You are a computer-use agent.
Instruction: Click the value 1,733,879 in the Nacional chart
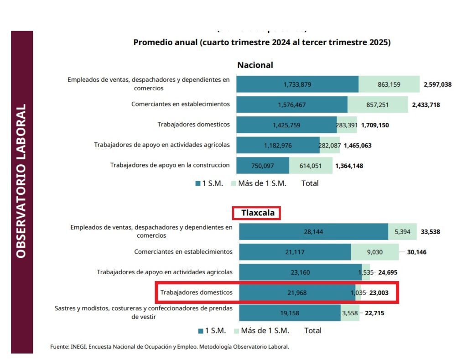297,84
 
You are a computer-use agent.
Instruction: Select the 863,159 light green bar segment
389,84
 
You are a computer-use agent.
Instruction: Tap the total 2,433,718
426,105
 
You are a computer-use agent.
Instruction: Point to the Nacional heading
255,65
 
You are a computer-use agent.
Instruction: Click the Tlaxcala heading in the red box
256,213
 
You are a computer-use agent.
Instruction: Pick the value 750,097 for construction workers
262,165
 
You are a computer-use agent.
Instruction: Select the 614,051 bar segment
311,165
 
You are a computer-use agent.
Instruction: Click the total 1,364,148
349,166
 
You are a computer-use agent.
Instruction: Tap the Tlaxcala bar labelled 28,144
313,232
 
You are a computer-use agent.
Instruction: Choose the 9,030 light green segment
375,252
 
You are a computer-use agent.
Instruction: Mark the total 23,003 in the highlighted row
379,293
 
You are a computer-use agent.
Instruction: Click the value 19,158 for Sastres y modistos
290,313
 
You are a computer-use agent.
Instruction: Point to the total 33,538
430,232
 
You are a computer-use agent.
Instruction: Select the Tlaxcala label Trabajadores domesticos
196,292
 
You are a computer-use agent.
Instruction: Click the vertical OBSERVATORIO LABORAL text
21,181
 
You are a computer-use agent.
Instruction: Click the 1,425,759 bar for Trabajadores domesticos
286,125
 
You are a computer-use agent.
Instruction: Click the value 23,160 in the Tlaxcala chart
300,272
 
